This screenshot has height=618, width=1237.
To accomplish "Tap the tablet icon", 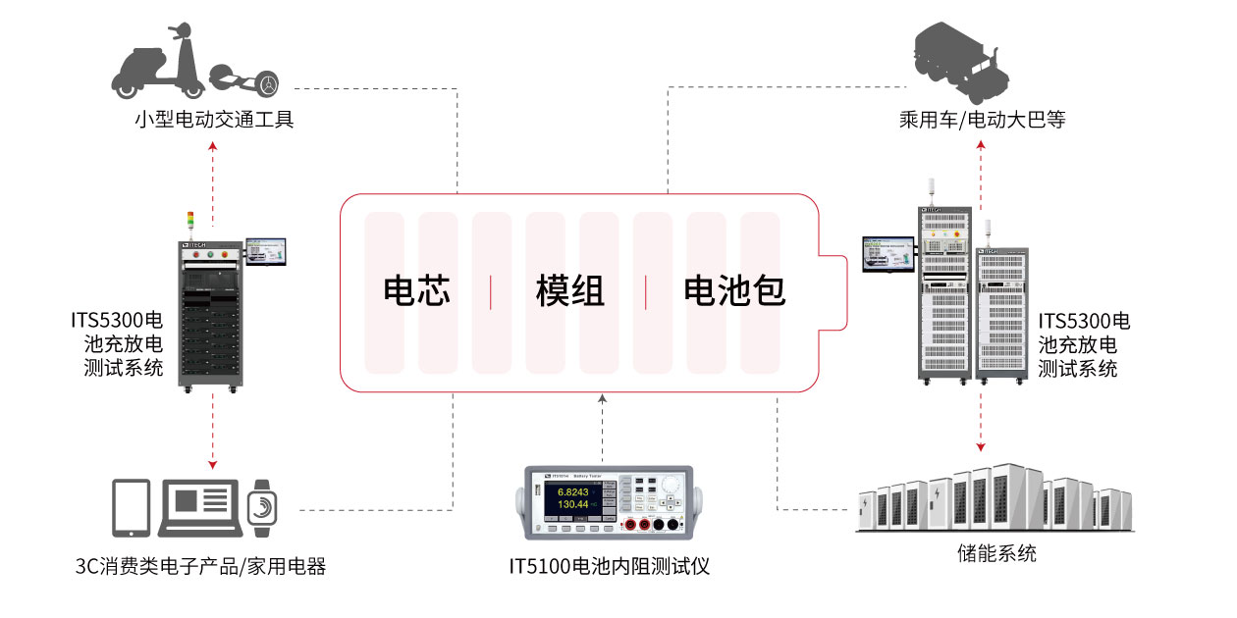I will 132,507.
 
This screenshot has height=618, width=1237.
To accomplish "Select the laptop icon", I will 199,507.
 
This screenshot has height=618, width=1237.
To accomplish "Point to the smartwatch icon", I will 261,507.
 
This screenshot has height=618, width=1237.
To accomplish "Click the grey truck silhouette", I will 957,61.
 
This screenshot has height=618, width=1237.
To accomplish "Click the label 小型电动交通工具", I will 214,121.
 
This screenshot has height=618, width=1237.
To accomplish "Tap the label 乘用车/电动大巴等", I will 982,121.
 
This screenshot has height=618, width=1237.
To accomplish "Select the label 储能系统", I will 996,553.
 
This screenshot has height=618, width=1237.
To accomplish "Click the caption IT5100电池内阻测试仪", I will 609,566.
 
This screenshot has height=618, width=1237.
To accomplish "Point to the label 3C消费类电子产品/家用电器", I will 200,566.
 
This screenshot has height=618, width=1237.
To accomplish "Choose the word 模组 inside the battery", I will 569,291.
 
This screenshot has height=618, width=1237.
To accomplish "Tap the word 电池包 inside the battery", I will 734,291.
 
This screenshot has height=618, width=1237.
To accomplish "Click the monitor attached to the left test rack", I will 268,251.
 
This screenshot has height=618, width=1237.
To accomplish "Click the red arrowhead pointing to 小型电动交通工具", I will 213,146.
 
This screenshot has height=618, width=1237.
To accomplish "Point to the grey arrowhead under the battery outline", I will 603,398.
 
